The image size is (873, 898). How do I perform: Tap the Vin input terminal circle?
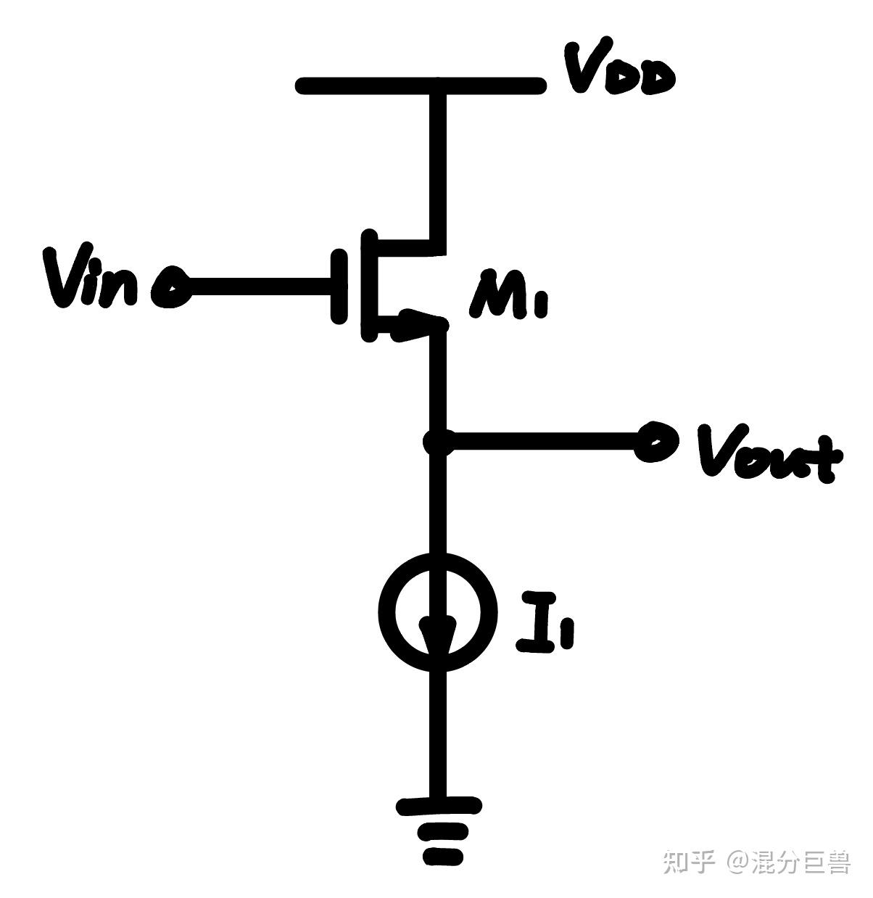[x=171, y=288]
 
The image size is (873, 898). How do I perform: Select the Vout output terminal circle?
[x=655, y=442]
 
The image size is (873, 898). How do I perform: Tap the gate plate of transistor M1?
[x=339, y=286]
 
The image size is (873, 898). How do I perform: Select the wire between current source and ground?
[x=438, y=733]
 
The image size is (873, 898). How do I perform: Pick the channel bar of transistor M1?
[x=368, y=286]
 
